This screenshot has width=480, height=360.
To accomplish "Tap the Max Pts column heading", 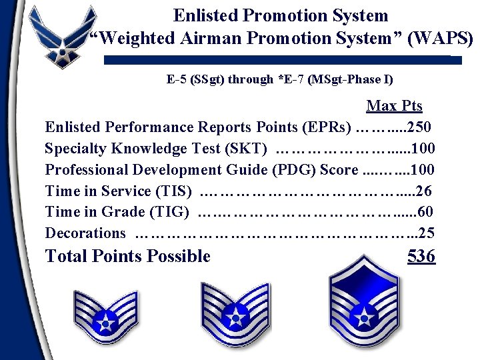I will point(394,106).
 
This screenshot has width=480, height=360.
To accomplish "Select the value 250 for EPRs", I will point(419,127).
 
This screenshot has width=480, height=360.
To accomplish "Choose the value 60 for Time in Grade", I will point(425,212).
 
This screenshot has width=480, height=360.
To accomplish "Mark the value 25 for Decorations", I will point(427,233).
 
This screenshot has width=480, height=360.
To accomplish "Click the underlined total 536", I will point(421,256).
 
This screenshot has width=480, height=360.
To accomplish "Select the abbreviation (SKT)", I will point(247,148).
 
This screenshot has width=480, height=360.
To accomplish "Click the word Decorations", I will point(85,233).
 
